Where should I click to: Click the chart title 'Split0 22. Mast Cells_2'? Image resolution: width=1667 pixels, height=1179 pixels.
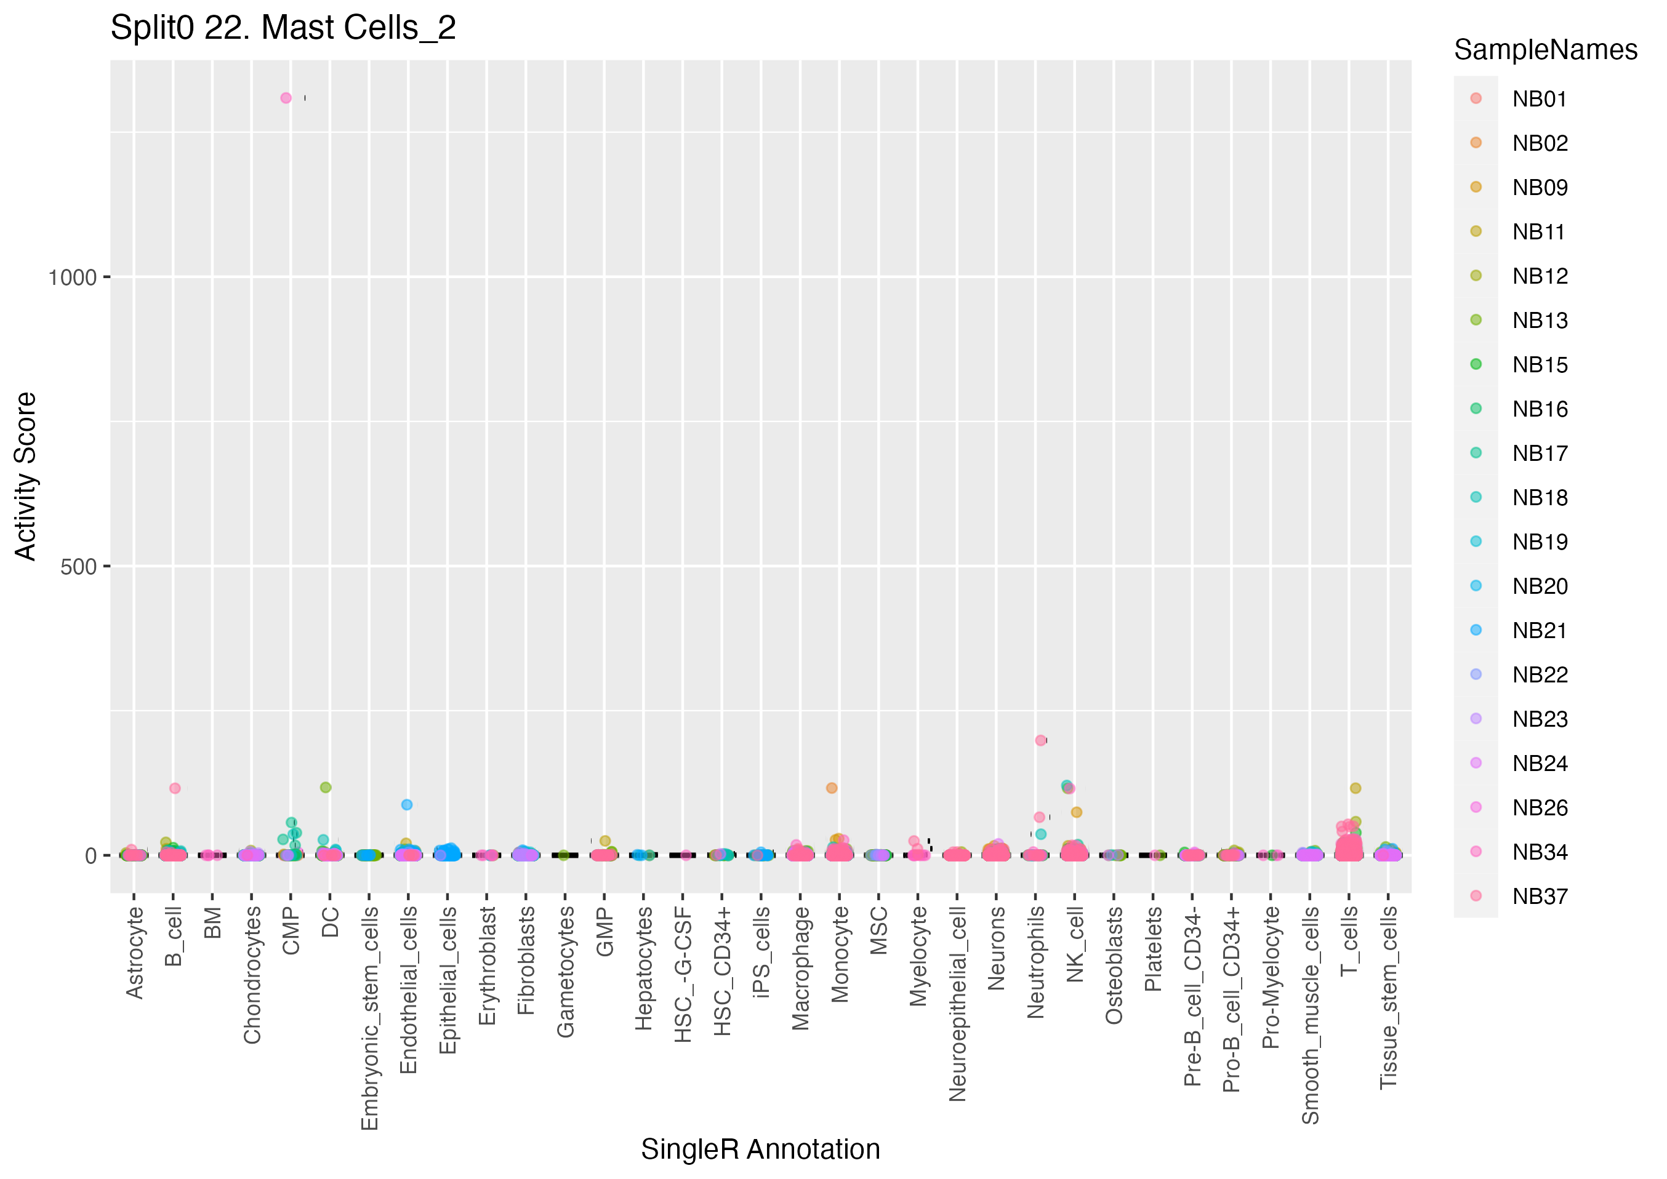tap(283, 28)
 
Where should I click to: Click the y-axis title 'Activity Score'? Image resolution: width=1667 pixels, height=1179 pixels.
tap(25, 476)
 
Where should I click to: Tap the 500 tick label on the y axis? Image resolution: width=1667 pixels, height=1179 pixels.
tap(78, 567)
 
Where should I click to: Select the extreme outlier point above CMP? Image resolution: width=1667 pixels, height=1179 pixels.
tap(286, 98)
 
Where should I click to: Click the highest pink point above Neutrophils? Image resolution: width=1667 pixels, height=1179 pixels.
tap(1040, 740)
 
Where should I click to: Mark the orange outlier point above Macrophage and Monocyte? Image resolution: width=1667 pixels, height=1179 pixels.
tap(832, 788)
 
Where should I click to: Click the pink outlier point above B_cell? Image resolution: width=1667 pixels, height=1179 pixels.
tap(175, 788)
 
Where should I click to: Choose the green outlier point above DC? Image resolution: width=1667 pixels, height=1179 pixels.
tap(326, 787)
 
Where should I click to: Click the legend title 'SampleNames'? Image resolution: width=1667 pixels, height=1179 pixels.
tap(1545, 50)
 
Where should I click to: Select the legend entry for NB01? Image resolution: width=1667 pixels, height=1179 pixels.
tap(1539, 98)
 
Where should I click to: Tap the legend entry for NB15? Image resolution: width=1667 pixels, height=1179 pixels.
tap(1539, 364)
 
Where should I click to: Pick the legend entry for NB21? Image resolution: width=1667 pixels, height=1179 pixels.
tap(1539, 630)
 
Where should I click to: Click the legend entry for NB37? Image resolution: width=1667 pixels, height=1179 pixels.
tap(1539, 896)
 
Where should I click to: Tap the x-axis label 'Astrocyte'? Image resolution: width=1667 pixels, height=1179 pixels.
tap(134, 953)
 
